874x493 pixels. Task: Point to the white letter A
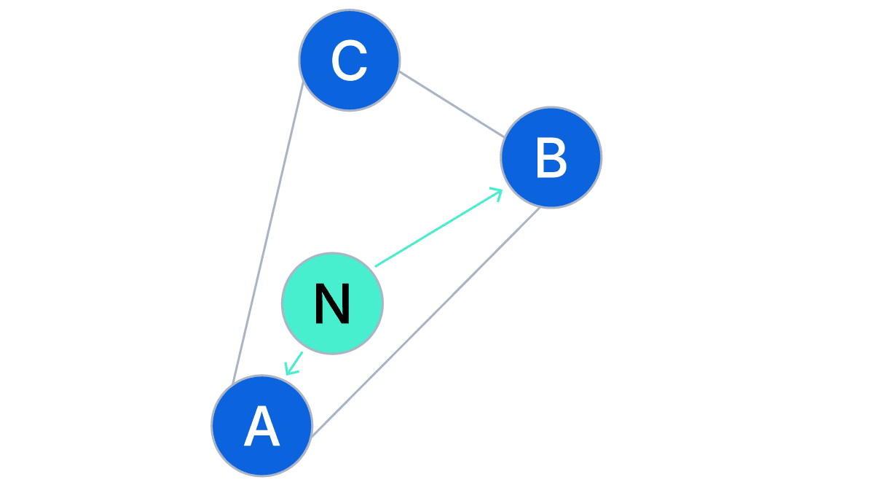point(261,427)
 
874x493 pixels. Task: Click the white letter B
point(551,158)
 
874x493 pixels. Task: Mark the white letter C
point(349,61)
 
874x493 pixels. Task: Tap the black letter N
point(332,304)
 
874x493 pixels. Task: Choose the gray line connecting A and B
point(426,322)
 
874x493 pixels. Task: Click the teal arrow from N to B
point(437,228)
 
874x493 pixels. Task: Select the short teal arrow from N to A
point(295,362)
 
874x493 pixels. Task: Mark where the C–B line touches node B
point(504,136)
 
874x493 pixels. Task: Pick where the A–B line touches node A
point(311,435)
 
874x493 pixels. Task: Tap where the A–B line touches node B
point(540,207)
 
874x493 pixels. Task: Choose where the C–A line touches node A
point(232,384)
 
